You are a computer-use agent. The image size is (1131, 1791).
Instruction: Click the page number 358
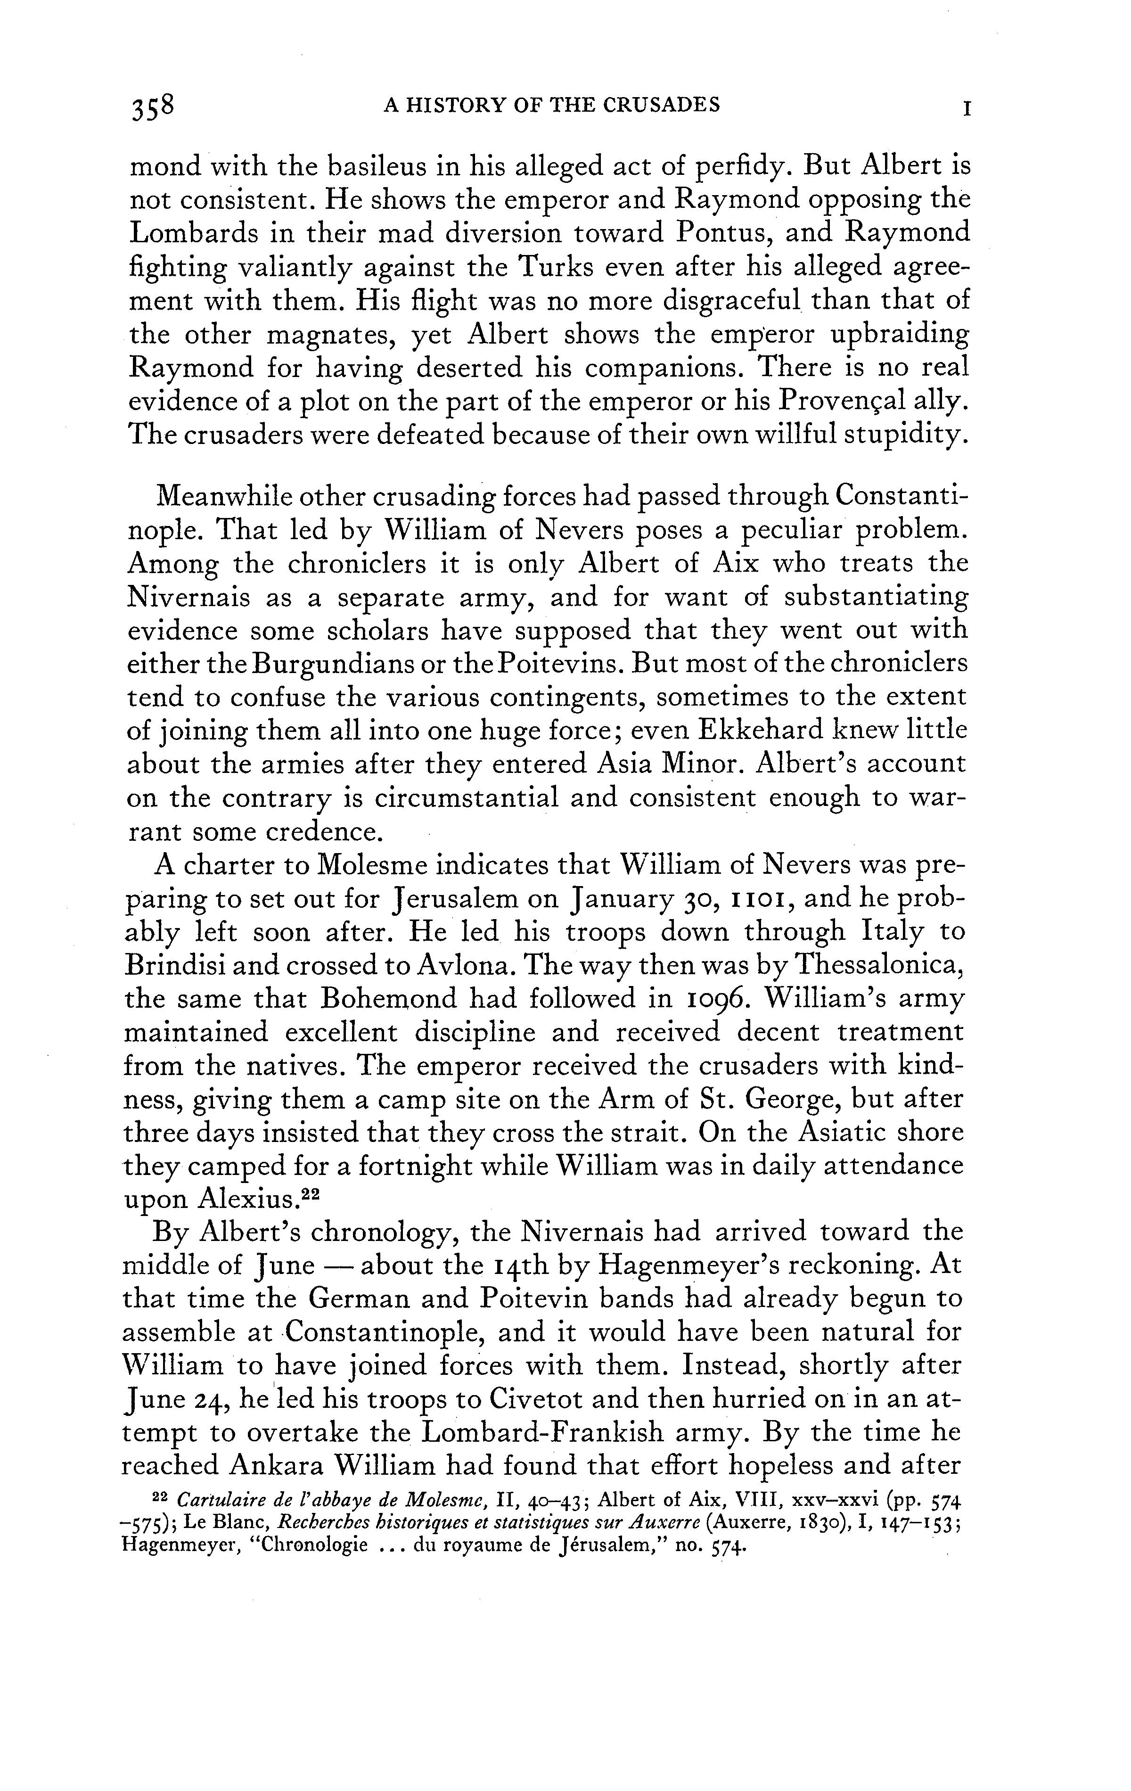(152, 107)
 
